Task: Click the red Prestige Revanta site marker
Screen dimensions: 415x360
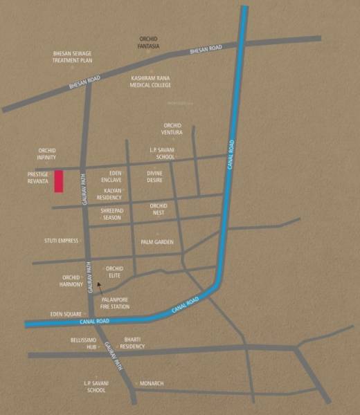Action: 60,181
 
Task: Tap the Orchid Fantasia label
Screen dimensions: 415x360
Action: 149,41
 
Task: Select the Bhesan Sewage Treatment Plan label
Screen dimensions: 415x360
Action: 73,57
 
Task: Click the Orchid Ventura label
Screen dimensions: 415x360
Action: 172,129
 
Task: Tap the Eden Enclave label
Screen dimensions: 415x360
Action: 111,176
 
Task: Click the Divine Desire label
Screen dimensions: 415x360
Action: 154,176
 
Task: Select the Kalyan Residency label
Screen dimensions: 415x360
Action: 109,193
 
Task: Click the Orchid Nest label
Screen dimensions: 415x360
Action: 159,209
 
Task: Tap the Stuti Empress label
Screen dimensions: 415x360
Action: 61,241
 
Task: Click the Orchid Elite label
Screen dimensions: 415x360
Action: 114,271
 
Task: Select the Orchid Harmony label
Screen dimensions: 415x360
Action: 72,281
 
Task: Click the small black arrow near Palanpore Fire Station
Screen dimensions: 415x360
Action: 100,286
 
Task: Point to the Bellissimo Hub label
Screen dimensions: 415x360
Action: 82,343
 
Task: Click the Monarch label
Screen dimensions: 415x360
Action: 151,383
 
